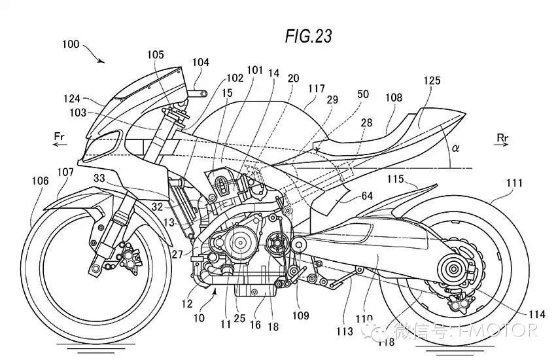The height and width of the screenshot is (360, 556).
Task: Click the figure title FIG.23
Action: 309,36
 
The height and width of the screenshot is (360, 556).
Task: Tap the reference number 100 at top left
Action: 71,45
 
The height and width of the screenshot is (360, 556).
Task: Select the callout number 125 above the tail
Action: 432,81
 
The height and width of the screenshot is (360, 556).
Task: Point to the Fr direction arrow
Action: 60,145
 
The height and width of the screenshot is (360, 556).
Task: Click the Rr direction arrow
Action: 502,145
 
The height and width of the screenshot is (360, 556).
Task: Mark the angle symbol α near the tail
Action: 455,147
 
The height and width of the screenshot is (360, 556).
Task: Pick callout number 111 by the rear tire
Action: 514,183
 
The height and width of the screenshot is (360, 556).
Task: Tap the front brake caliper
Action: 130,257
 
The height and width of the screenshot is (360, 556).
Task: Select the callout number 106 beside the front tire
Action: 40,181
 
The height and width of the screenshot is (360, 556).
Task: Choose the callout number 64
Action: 367,196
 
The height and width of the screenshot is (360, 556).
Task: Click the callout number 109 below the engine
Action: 301,315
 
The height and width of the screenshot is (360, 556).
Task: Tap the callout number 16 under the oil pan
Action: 255,325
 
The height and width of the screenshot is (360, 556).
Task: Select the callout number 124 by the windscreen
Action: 72,99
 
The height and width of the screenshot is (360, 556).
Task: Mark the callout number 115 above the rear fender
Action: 395,179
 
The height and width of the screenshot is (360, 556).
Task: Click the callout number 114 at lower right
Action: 536,314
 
